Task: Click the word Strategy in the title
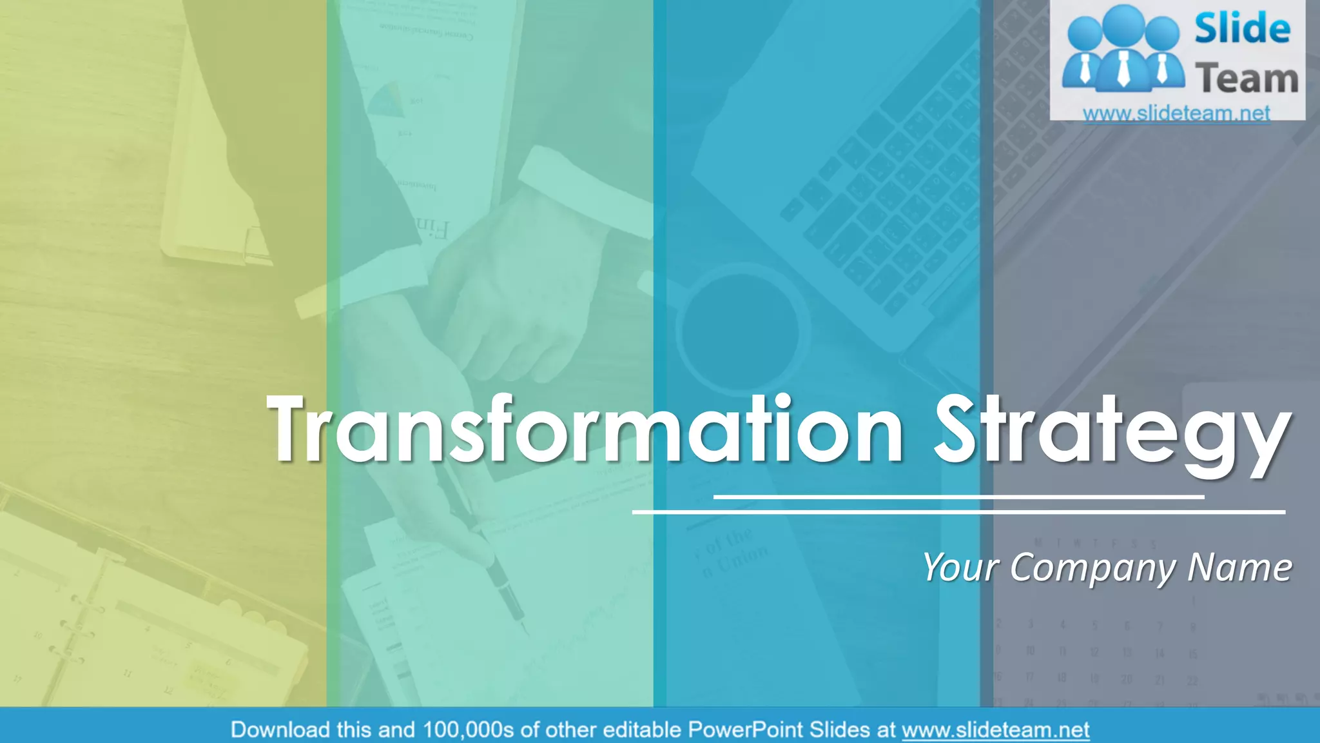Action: pos(1112,432)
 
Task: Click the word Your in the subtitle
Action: pos(960,568)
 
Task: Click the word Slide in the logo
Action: pos(1242,29)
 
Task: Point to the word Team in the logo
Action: pos(1247,79)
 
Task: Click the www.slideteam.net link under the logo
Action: pos(1176,114)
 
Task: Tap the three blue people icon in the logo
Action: pos(1123,48)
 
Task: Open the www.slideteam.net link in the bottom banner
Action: pos(995,730)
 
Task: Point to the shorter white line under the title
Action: pos(958,497)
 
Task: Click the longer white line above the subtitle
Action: pos(958,512)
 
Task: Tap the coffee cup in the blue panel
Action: pos(741,329)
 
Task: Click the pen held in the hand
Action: pos(490,548)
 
